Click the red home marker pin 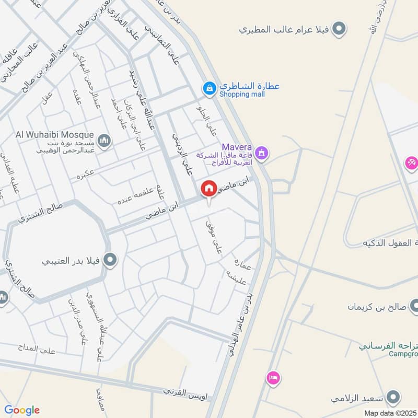(209, 189)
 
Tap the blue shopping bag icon (209, 88)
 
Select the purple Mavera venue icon (263, 153)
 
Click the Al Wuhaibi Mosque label (54, 135)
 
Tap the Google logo (22, 410)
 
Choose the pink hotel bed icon (273, 378)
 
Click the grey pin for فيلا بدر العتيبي (110, 259)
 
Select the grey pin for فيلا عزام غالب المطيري (340, 29)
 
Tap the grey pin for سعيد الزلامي (394, 398)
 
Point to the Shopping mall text (242, 95)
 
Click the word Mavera (237, 147)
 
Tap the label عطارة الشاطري (249, 86)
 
